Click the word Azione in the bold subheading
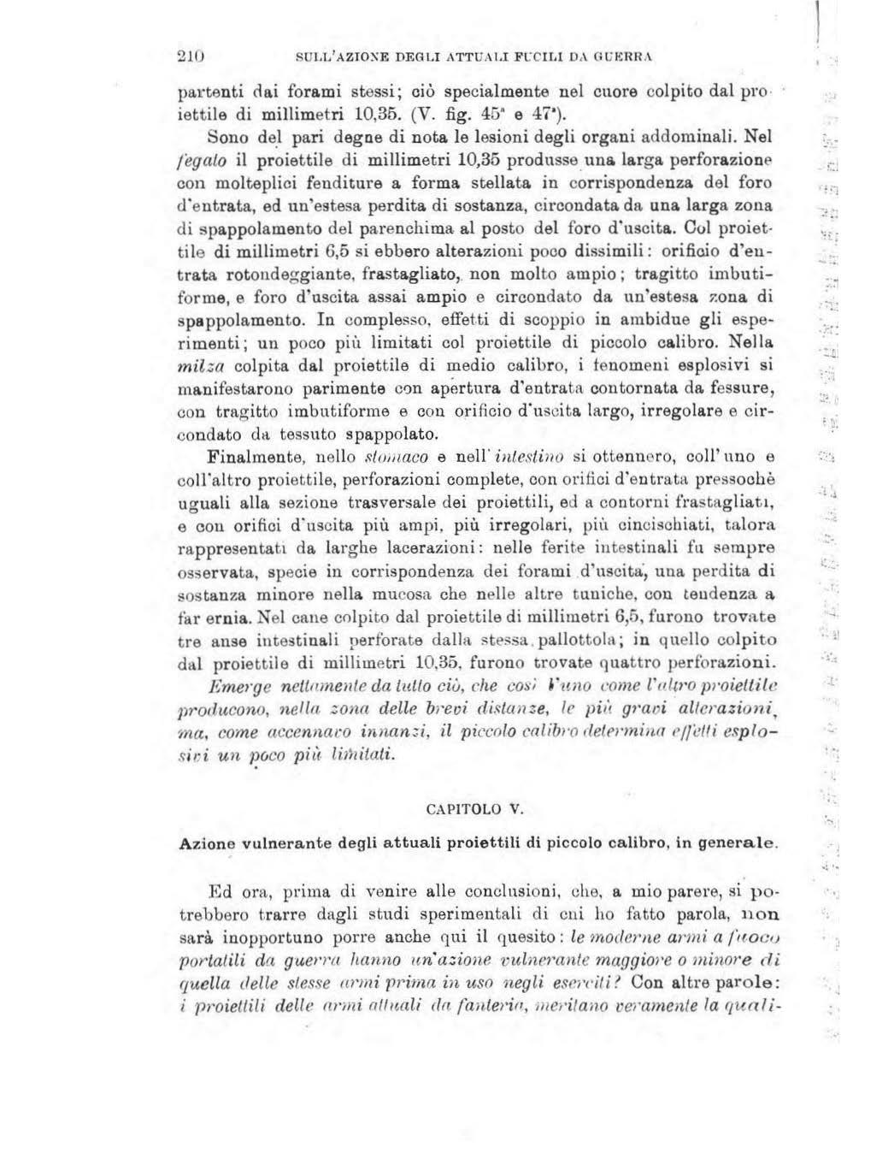203,843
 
